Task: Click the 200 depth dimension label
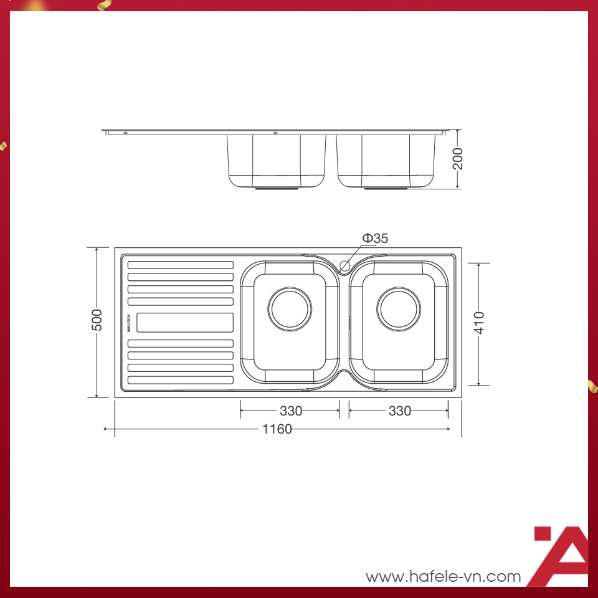coord(458,159)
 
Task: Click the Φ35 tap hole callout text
coord(376,238)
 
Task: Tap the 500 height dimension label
coord(97,321)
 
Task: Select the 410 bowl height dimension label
coord(478,324)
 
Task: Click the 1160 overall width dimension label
coord(277,429)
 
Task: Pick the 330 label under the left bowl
coord(290,411)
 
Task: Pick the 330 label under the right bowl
coord(399,411)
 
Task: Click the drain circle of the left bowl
coord(290,309)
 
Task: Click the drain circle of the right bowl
coord(399,309)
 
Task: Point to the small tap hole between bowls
coord(344,265)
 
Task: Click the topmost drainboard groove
coord(181,265)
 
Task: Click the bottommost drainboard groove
coord(181,379)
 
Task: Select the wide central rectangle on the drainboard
coord(184,322)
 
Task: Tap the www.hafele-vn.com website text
coord(443,576)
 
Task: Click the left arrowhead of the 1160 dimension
coord(106,429)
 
